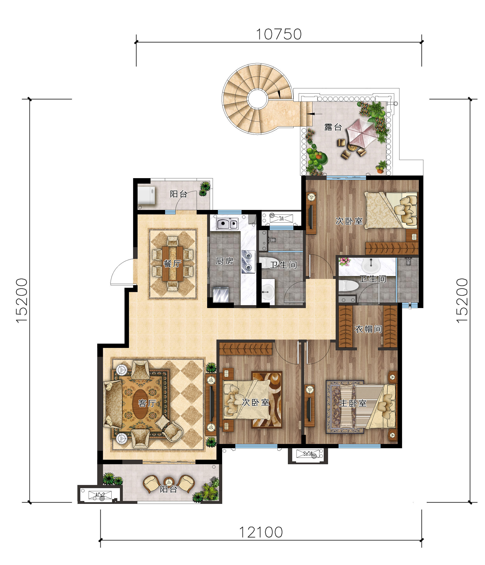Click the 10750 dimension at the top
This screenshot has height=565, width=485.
(279, 35)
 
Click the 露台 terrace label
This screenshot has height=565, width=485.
(333, 127)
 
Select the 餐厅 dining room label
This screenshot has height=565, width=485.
(172, 264)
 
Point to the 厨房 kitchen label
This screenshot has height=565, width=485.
(225, 261)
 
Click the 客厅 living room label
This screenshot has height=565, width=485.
(147, 403)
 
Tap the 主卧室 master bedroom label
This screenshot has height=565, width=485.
(353, 403)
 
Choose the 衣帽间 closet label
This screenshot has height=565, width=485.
(368, 329)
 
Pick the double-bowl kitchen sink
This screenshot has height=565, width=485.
(227, 224)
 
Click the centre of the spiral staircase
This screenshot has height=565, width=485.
(257, 99)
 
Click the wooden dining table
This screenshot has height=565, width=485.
(172, 264)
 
